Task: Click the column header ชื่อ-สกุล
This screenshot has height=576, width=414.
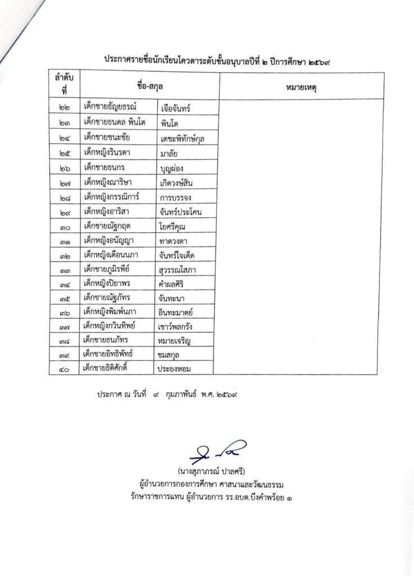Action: [x=149, y=86]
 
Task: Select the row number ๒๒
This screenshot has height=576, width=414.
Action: [x=64, y=107]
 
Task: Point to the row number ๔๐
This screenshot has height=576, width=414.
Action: [x=64, y=368]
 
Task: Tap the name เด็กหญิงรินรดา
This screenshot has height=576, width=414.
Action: [x=109, y=151]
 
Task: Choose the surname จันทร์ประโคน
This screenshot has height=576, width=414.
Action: [x=184, y=212]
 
